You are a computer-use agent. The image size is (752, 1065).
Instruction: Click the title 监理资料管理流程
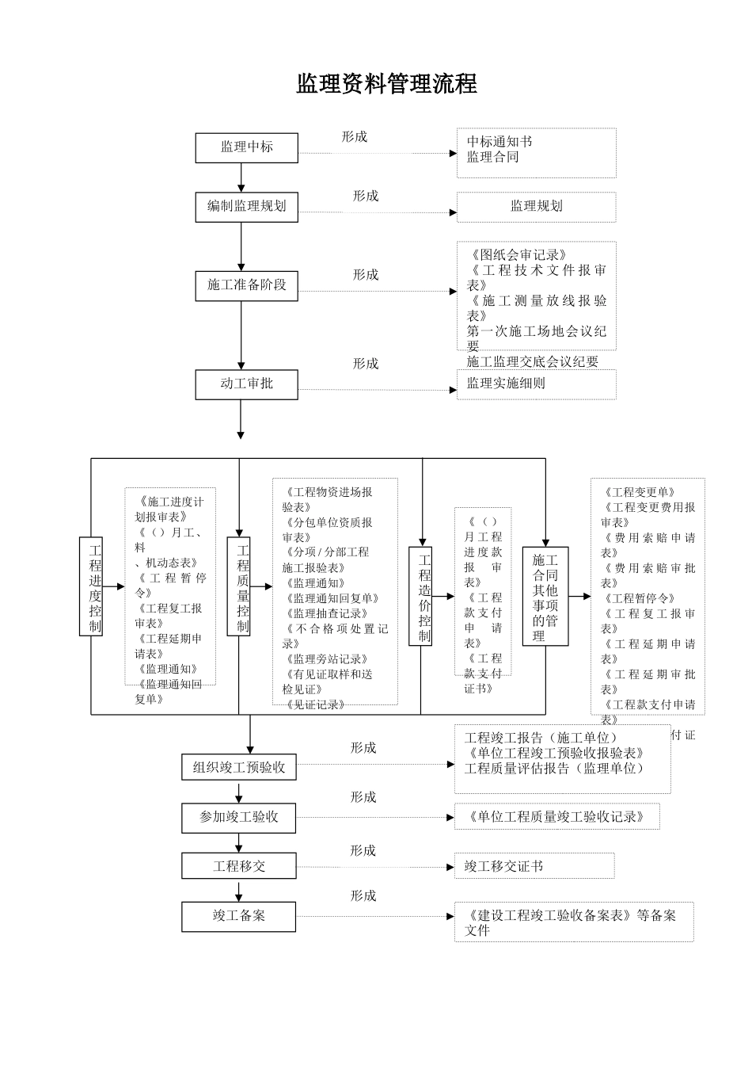(x=386, y=84)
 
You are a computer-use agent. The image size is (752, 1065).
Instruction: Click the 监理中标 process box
(x=246, y=147)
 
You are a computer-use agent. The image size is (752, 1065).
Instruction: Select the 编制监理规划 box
(x=246, y=207)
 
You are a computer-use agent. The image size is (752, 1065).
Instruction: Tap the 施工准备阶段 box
(x=246, y=285)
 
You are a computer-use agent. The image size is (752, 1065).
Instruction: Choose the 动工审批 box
(x=246, y=384)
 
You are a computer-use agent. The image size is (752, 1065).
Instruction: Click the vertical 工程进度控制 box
(x=92, y=586)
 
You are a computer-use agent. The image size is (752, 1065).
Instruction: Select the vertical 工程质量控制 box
(x=239, y=586)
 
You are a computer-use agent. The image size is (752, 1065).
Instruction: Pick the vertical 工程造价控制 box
(x=420, y=596)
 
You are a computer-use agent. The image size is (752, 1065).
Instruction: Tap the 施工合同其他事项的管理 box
(x=545, y=597)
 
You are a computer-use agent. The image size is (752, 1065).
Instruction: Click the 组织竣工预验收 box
(x=239, y=768)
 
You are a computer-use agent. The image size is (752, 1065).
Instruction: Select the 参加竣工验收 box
(x=239, y=817)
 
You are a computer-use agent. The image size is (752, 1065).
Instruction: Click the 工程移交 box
(x=239, y=866)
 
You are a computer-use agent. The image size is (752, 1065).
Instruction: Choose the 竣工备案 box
(x=239, y=916)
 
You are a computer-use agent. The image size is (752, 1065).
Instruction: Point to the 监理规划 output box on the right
(x=536, y=207)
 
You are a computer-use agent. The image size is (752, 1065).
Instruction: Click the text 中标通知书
(x=499, y=142)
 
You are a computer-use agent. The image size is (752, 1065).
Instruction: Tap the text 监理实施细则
(x=505, y=384)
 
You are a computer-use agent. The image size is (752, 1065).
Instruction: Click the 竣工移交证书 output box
(x=534, y=866)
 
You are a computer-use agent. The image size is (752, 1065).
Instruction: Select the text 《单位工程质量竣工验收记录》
(x=556, y=817)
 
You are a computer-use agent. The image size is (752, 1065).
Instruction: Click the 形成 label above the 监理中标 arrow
(x=354, y=136)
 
